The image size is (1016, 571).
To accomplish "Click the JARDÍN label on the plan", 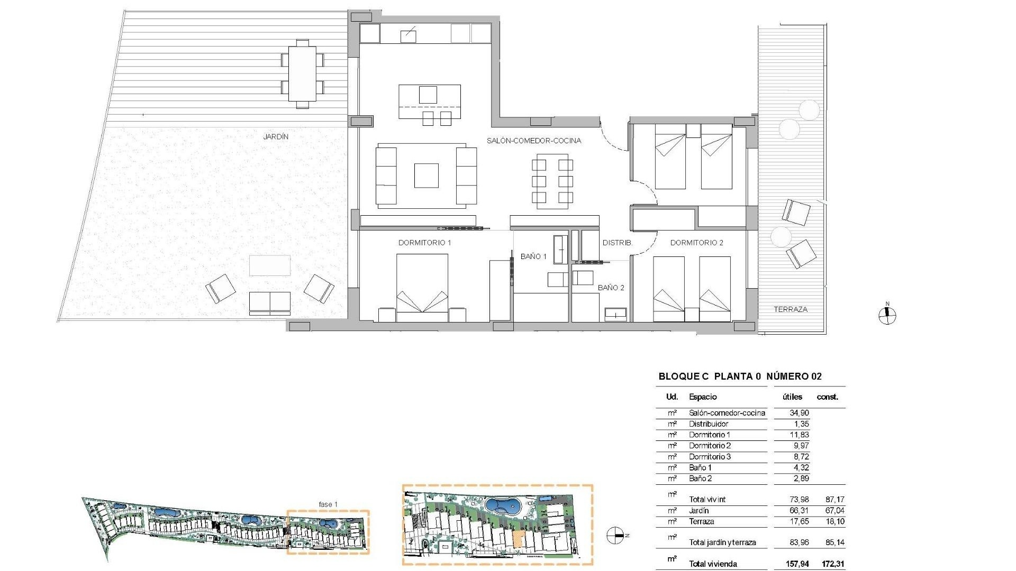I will point(276,136).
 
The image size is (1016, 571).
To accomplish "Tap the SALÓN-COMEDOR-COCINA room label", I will point(534,141).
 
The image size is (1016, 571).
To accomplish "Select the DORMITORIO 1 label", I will point(424,243).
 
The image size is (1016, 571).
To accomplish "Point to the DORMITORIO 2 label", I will point(696,243).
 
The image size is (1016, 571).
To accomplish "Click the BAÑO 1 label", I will point(533,256).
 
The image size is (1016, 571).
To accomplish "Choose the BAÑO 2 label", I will point(611,288).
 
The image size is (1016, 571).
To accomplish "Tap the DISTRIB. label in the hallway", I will point(617,243).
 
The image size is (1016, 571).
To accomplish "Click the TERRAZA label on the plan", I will point(791,309).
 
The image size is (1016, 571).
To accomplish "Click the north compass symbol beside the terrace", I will point(887,316).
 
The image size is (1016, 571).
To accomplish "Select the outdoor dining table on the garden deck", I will point(302,73).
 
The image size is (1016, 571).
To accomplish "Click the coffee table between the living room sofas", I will point(426,176).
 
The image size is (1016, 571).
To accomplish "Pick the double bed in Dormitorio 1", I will point(422,288).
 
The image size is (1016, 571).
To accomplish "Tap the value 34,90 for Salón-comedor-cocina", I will point(799,413).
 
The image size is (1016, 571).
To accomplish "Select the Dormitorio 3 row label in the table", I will point(710,457).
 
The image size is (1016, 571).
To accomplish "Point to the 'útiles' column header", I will point(792,397).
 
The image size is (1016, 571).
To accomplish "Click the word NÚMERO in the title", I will point(787,376).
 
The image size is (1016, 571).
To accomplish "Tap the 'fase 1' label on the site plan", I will point(328,504).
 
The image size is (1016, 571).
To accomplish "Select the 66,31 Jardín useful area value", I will point(799,511).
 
